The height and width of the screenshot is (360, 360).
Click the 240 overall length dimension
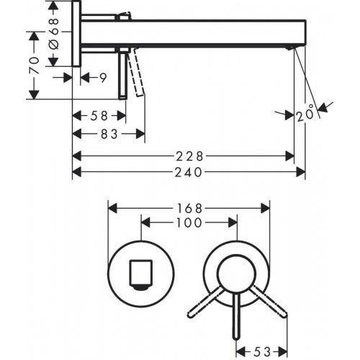point(189,171)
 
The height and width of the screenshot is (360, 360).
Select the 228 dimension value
point(189,155)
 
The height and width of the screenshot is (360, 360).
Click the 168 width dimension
point(189,207)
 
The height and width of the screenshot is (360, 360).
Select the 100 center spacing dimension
point(188,223)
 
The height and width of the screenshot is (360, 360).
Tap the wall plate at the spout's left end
point(76,32)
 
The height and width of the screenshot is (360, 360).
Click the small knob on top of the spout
point(125,14)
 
